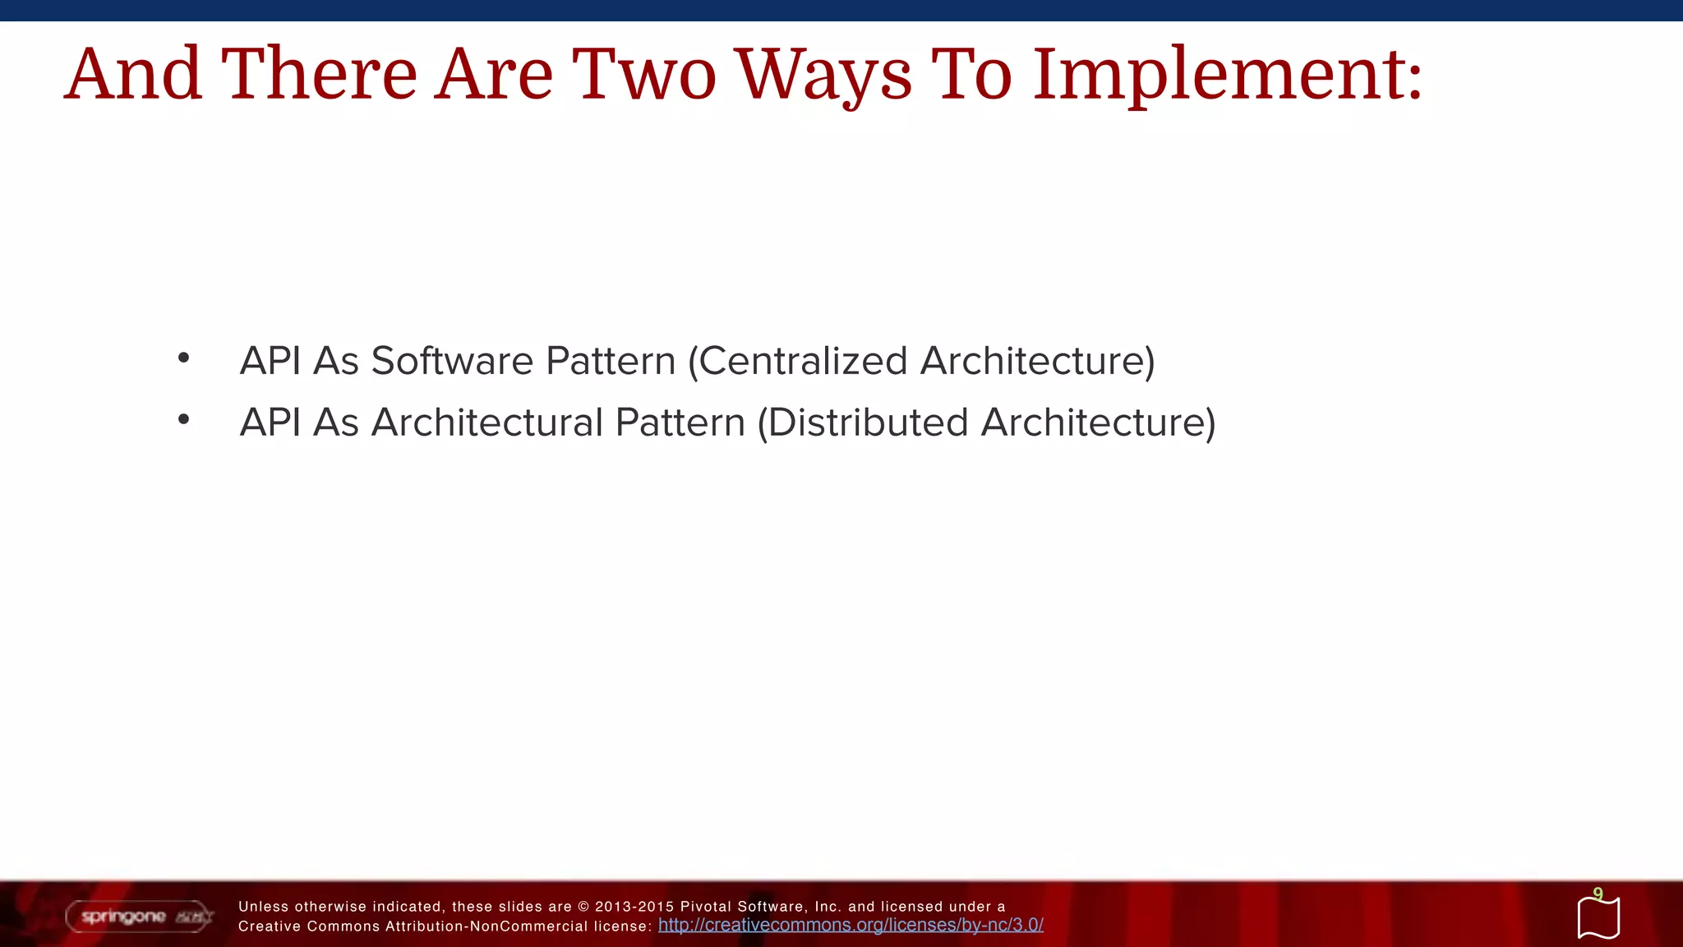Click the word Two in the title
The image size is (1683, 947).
[x=643, y=76]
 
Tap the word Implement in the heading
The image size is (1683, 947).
[x=1216, y=76]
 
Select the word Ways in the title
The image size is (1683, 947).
[x=823, y=76]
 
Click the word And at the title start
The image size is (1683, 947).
[x=133, y=76]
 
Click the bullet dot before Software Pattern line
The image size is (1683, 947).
[x=183, y=358]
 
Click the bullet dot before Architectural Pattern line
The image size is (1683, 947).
[x=183, y=419]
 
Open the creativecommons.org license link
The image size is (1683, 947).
[x=851, y=925]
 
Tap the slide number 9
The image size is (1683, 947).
[x=1598, y=894]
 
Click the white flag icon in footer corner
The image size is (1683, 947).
[x=1598, y=918]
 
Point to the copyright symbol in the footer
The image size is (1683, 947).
[x=583, y=907]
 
